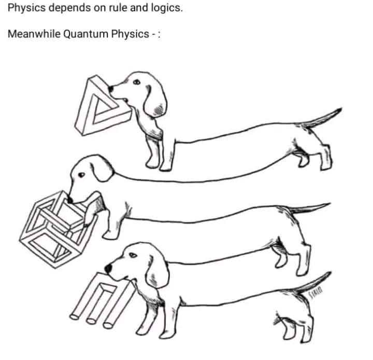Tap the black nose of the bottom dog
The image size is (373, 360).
click(x=109, y=268)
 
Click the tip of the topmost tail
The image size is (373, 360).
click(x=340, y=109)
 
